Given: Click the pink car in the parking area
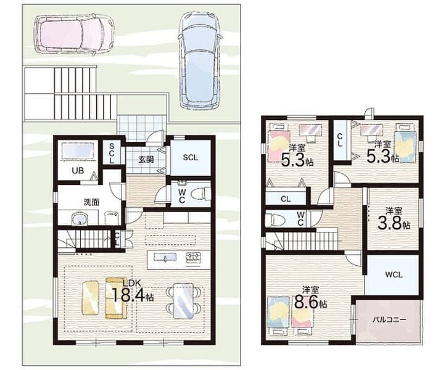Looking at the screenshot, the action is (x=74, y=34).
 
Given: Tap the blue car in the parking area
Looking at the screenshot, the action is (x=200, y=60).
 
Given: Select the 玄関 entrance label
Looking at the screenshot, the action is (x=146, y=159).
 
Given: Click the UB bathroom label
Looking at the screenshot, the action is (x=78, y=171).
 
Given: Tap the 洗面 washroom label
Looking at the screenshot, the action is (x=91, y=202).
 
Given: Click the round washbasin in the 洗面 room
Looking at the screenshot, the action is (x=79, y=220).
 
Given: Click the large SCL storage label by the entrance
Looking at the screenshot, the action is (x=190, y=157).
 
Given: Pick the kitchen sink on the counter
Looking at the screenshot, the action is (x=165, y=257).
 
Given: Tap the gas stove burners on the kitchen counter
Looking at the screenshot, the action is (x=194, y=258).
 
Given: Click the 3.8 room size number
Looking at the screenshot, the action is (x=389, y=223).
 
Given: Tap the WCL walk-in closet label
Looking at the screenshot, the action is (x=394, y=275).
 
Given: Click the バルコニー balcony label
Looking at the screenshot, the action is (x=389, y=319).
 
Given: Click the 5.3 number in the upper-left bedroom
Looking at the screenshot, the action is (x=293, y=160).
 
